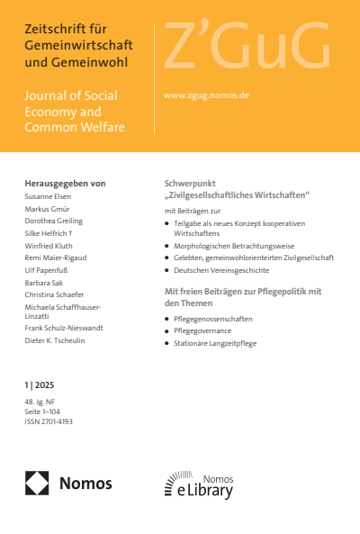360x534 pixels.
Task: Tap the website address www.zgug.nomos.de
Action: click(x=206, y=94)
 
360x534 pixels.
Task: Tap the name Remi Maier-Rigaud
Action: click(x=58, y=256)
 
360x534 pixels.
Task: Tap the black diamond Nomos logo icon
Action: click(x=38, y=484)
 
